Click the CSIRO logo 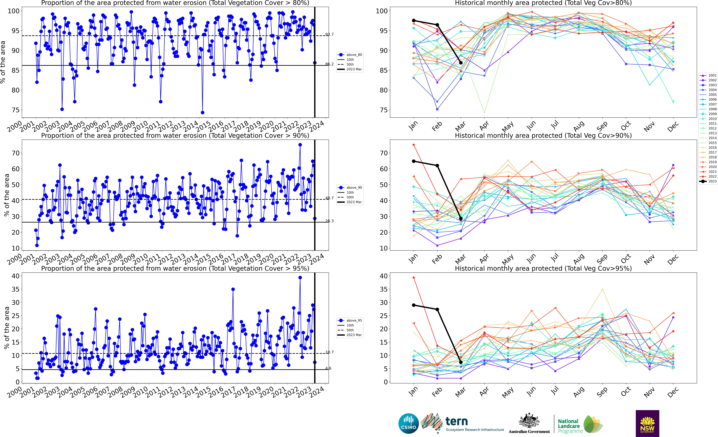409,423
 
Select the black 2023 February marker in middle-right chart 437,165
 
